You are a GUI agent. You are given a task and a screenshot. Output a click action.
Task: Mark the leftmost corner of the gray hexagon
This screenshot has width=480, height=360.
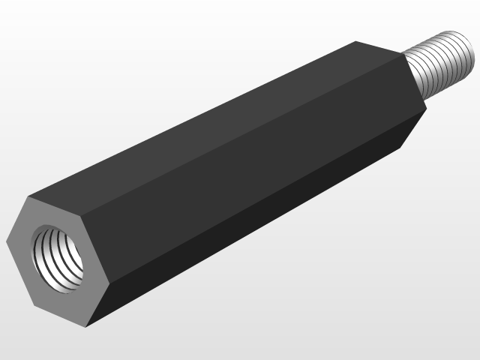[6, 242]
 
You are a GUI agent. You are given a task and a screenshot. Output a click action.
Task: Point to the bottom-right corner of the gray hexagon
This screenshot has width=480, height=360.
[86, 327]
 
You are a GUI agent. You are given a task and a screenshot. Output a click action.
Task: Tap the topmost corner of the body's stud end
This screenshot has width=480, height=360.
[355, 41]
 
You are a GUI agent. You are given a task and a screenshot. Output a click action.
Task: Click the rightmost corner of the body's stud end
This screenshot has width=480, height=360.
[427, 109]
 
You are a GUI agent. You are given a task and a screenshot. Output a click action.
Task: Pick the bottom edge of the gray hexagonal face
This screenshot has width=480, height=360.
[60, 315]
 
